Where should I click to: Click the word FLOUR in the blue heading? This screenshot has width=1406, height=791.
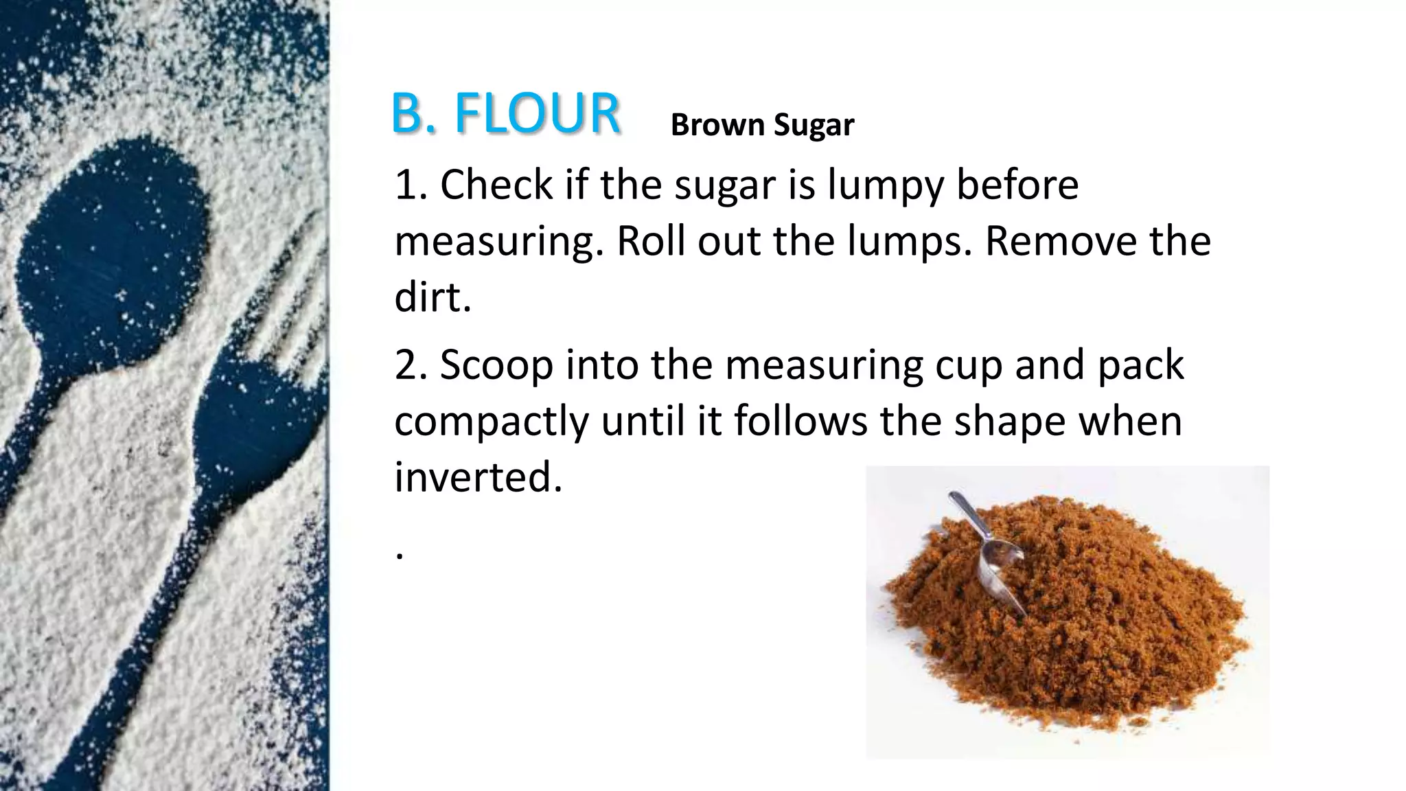[537, 113]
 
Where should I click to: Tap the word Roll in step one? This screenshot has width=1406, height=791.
[650, 241]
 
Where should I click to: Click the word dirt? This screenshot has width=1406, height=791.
[433, 297]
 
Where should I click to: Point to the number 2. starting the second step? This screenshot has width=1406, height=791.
[411, 365]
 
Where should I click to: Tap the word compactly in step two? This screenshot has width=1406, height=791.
[491, 422]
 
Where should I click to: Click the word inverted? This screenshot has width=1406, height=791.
[478, 477]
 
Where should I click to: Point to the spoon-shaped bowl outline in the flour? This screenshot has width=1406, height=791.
[110, 254]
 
